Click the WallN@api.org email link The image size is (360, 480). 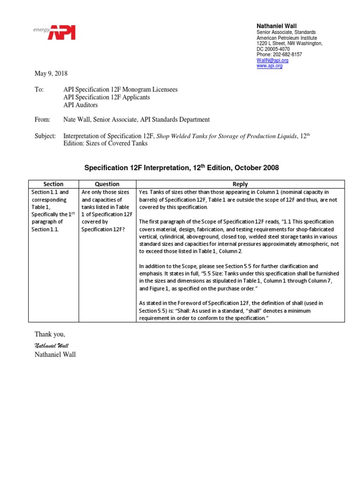click(x=272, y=60)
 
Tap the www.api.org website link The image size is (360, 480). click(x=270, y=66)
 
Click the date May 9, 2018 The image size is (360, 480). click(x=51, y=74)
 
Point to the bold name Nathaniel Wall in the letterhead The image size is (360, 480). click(x=277, y=25)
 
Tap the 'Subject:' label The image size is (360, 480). click(x=45, y=136)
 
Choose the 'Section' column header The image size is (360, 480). click(x=53, y=184)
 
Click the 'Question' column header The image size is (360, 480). click(x=107, y=184)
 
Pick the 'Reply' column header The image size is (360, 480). click(x=240, y=184)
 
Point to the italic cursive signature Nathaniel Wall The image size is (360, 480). click(x=52, y=345)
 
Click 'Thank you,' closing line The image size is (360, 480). click(x=50, y=334)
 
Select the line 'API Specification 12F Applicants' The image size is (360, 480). click(x=106, y=97)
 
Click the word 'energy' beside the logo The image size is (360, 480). click(x=41, y=29)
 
